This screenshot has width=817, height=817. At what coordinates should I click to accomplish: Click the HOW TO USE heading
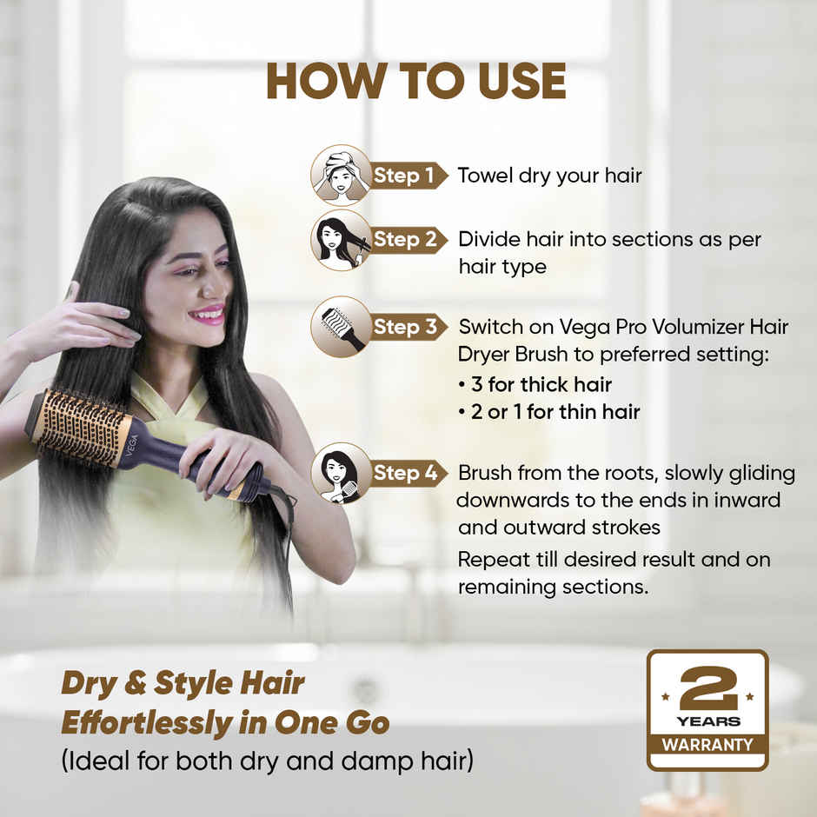[415, 81]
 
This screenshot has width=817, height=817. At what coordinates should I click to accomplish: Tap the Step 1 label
[404, 176]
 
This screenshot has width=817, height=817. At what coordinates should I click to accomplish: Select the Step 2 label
[405, 240]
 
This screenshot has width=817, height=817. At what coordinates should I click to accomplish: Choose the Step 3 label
[405, 327]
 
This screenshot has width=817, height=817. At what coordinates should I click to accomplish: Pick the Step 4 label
[405, 473]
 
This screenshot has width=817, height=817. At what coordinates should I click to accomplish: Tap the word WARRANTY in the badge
[707, 745]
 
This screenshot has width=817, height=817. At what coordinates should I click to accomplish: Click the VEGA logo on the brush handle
[132, 446]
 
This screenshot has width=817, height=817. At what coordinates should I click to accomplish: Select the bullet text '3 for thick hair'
[541, 384]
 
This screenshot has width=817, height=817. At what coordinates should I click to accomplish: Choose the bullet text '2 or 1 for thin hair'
[555, 412]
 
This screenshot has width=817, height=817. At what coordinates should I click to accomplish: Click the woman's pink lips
[208, 315]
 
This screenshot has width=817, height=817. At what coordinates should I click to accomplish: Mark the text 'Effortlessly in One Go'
[225, 723]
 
